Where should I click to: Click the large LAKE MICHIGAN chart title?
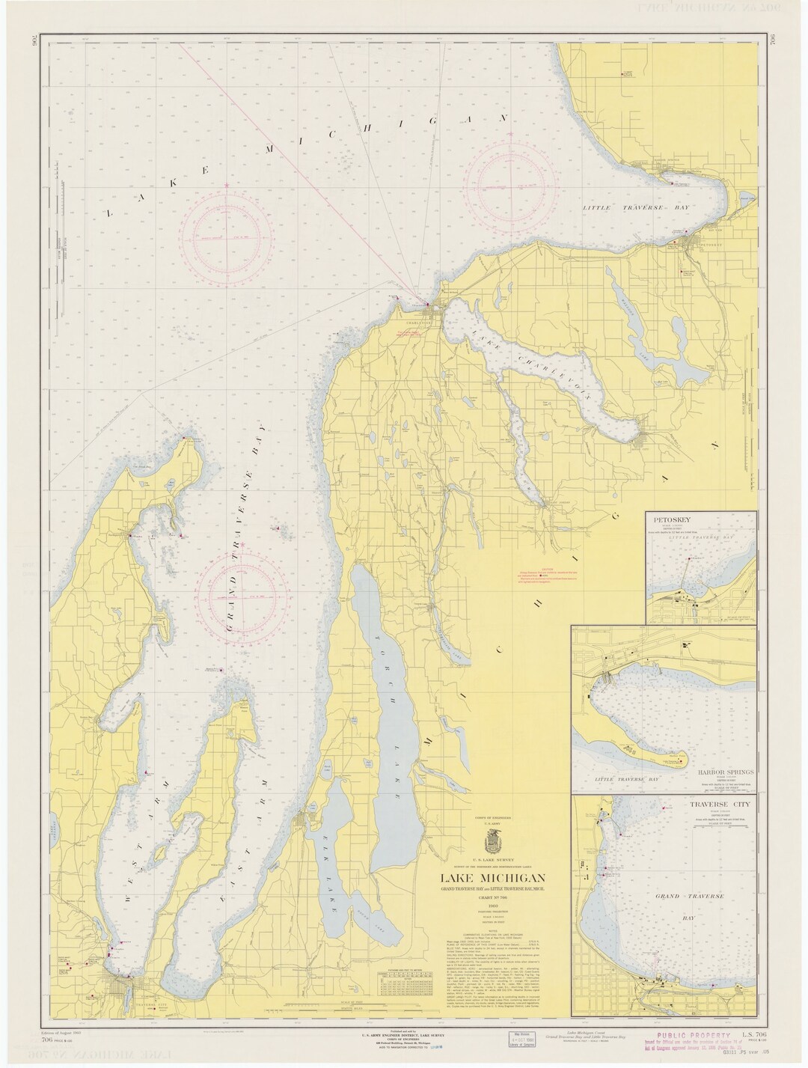(x=486, y=878)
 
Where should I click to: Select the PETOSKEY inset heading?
(x=670, y=519)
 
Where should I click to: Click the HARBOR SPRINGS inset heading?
(x=717, y=771)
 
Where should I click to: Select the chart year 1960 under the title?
(x=486, y=909)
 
